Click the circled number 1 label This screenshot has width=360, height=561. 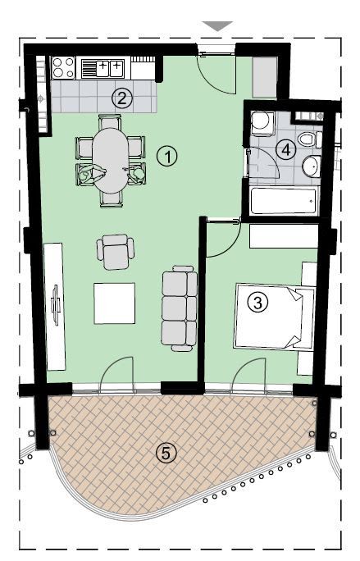[x=167, y=155]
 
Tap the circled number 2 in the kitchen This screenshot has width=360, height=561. [x=122, y=98]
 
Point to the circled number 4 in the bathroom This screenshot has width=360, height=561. [x=285, y=149]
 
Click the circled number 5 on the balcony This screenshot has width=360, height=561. [x=167, y=451]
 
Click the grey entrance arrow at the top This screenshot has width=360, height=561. [x=217, y=26]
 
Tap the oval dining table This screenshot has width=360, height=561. [x=109, y=160]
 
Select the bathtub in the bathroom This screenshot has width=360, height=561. [x=283, y=201]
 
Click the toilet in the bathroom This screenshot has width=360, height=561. [x=306, y=139]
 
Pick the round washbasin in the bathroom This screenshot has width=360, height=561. [x=311, y=167]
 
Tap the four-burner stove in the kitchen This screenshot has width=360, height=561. [x=64, y=66]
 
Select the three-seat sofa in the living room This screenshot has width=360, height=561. [x=180, y=308]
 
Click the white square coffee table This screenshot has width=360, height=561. [x=114, y=303]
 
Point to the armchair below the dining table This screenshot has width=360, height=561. [x=115, y=251]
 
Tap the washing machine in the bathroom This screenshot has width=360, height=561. [x=262, y=124]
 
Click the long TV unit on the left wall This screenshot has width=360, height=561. [x=56, y=307]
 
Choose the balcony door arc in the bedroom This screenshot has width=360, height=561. [x=250, y=373]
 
